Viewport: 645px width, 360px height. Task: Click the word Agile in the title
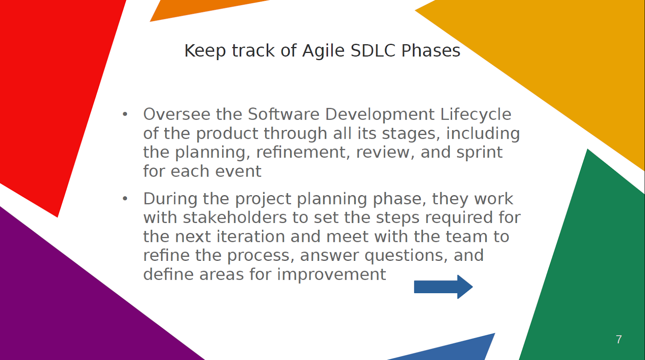(323, 51)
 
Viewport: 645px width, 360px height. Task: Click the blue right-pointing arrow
(443, 287)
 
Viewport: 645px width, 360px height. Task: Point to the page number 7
(619, 339)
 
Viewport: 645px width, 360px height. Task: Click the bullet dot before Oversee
(125, 114)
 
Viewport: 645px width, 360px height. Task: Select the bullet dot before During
(125, 199)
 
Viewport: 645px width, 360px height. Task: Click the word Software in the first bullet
(284, 114)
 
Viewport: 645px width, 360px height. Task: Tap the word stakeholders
(235, 217)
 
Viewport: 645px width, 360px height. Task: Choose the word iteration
(250, 237)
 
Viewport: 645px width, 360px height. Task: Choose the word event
(238, 172)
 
